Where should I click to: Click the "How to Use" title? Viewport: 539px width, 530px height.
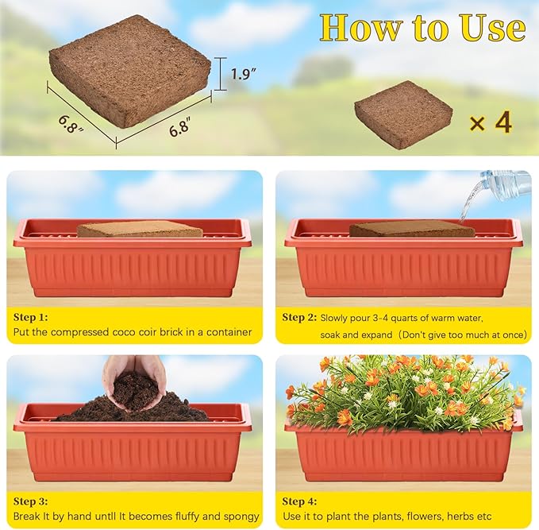(422, 28)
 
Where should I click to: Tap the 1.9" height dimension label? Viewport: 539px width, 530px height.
(244, 75)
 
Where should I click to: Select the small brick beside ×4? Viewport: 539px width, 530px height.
(402, 113)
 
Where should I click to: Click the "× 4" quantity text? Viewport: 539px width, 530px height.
(490, 123)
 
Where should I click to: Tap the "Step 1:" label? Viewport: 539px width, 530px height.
(31, 316)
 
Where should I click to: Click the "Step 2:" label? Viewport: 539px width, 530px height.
(299, 317)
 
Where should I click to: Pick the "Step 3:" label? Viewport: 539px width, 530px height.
(31, 501)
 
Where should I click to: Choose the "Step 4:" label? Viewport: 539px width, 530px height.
(300, 501)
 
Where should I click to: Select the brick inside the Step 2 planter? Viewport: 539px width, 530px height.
(411, 229)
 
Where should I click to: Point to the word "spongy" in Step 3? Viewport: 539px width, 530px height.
(241, 516)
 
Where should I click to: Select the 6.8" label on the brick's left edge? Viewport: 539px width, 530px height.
(70, 124)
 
